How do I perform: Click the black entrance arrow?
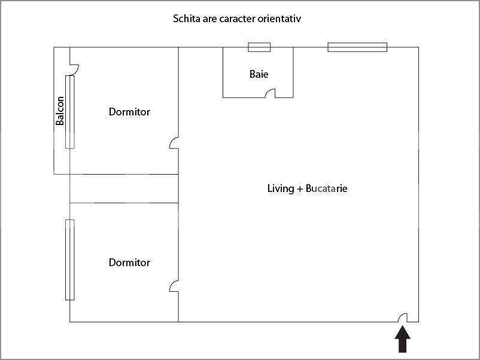tap(403, 341)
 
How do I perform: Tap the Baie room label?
tap(259, 75)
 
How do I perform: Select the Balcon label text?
tap(60, 111)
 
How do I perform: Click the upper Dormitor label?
tap(129, 112)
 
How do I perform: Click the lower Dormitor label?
tap(129, 263)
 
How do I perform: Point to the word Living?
tap(281, 188)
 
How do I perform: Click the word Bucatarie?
tap(327, 188)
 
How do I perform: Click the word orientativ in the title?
tap(279, 19)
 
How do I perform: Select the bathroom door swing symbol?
tap(271, 93)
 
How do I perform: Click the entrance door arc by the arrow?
tap(404, 318)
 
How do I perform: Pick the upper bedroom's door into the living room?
tap(174, 143)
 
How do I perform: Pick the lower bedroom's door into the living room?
tap(174, 286)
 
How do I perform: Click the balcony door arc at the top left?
tap(74, 61)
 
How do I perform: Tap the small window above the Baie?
tap(259, 47)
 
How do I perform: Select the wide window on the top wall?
tap(357, 47)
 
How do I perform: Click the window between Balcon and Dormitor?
tap(70, 112)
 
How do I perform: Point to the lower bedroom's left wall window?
tap(70, 260)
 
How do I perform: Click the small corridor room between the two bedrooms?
tap(124, 188)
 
